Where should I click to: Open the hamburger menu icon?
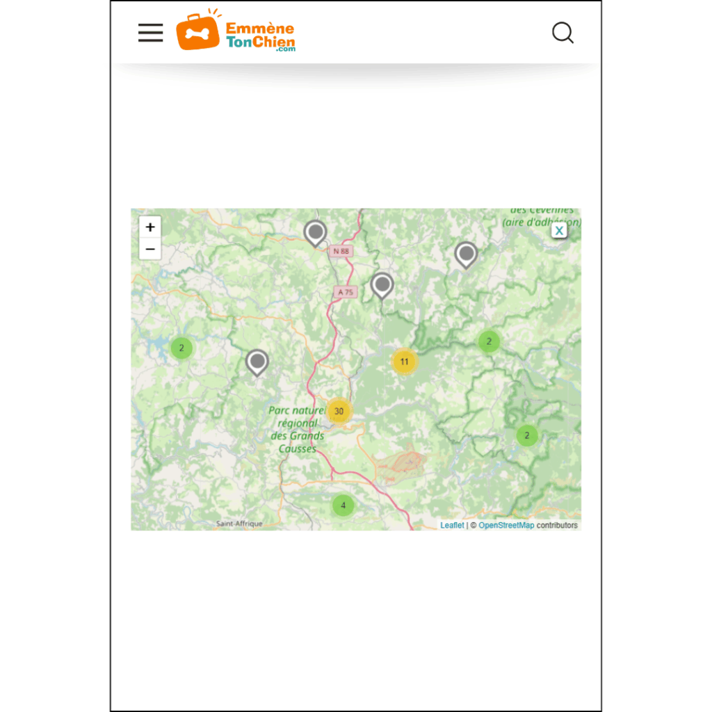(150, 33)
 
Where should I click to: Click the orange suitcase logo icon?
(197, 33)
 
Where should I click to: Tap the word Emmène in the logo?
(259, 29)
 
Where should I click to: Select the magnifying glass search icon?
(563, 33)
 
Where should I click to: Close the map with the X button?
(559, 230)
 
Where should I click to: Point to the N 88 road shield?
(341, 251)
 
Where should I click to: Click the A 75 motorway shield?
(346, 292)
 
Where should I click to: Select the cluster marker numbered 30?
(339, 411)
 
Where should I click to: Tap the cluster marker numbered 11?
(404, 362)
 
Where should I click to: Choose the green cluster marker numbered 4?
(343, 505)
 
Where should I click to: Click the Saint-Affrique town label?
(239, 524)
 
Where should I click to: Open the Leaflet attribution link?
(452, 525)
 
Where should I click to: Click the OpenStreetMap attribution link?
(506, 525)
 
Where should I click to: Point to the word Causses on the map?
(297, 448)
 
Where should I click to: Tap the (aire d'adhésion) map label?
(541, 222)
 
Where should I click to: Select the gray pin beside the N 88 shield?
(315, 232)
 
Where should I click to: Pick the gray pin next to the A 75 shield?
(382, 284)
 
